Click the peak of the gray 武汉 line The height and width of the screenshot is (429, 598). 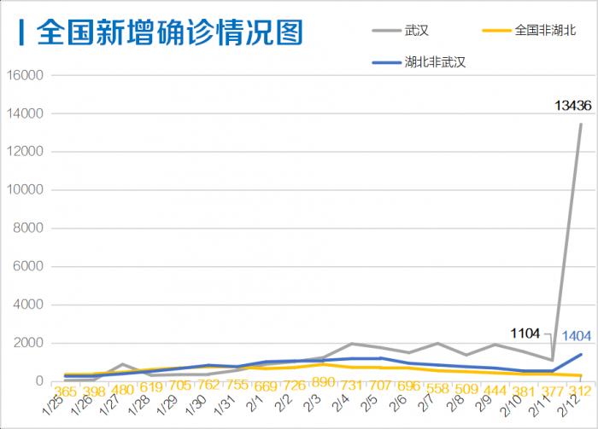tap(581, 125)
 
